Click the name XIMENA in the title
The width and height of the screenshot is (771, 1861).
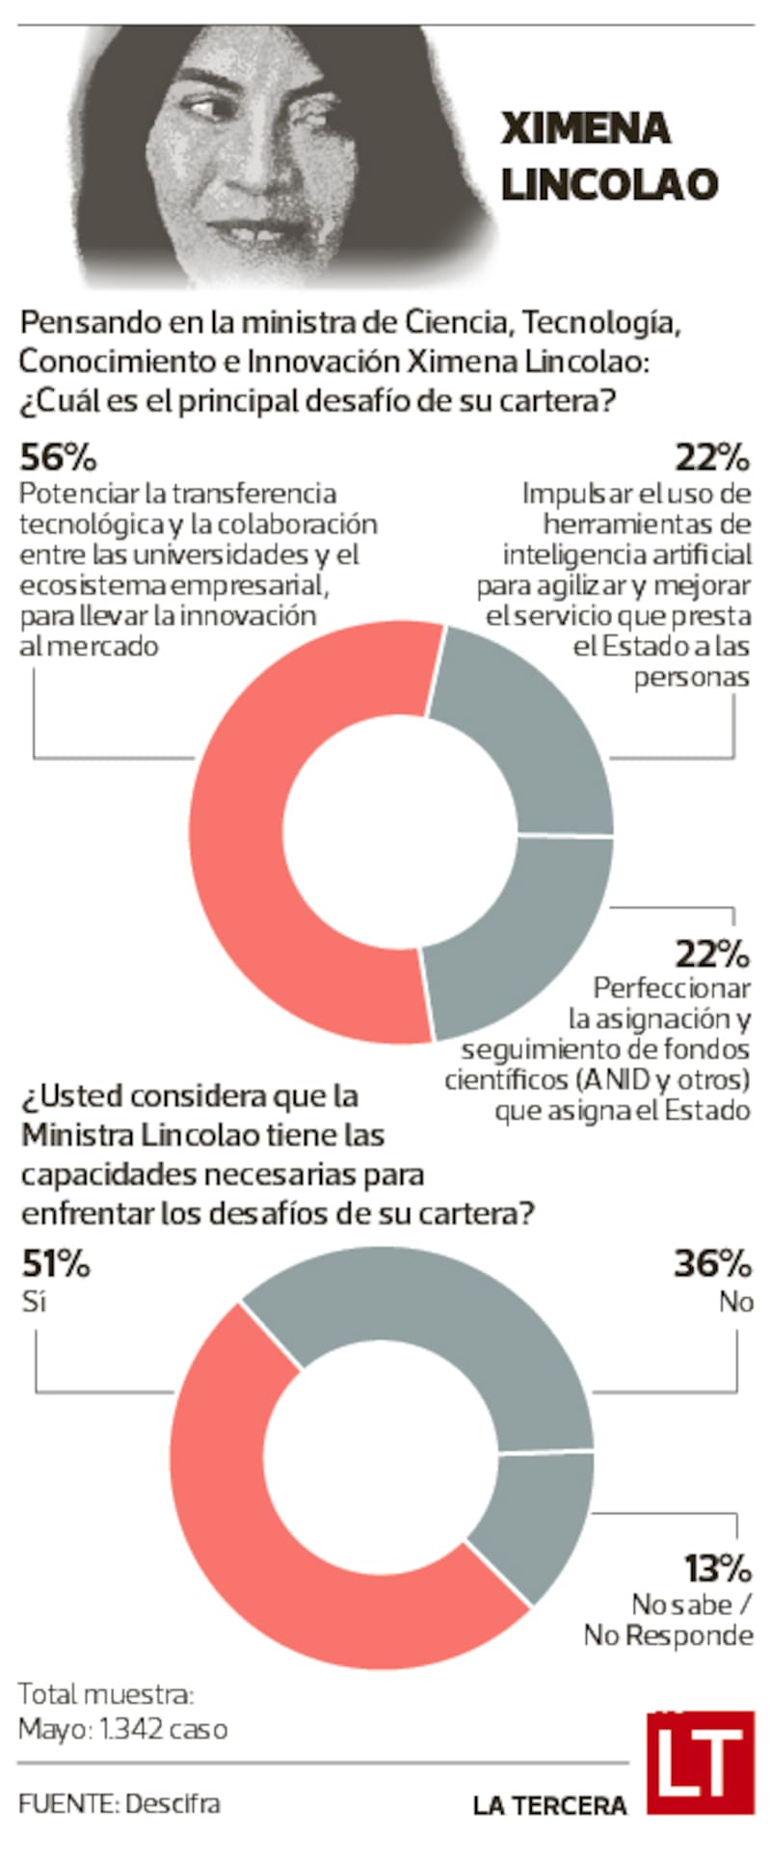pyautogui.click(x=585, y=129)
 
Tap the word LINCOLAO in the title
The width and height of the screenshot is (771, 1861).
pyautogui.click(x=609, y=184)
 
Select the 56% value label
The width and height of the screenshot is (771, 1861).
pyautogui.click(x=58, y=456)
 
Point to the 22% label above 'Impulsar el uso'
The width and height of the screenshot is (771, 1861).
pyautogui.click(x=711, y=456)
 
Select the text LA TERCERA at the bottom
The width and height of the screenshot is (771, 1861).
pyautogui.click(x=549, y=1805)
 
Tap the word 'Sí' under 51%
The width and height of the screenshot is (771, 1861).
pyautogui.click(x=33, y=1301)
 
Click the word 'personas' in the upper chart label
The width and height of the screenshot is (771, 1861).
pyautogui.click(x=691, y=678)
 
